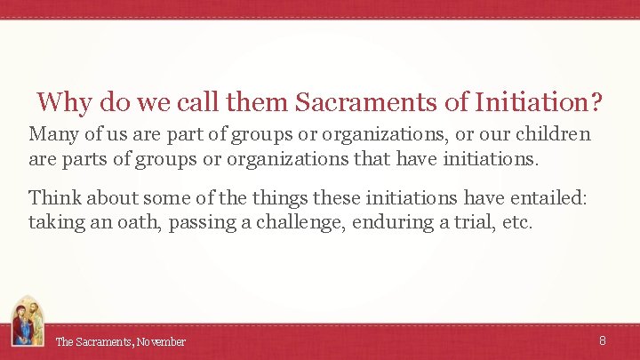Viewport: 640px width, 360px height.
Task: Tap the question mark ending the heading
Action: tap(595, 103)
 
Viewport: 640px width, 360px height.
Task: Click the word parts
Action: tap(84, 159)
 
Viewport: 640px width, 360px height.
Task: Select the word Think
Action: tap(54, 197)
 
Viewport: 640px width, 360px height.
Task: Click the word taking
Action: tap(56, 222)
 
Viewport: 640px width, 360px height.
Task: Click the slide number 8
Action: tap(603, 340)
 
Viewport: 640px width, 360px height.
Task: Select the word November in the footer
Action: tap(162, 342)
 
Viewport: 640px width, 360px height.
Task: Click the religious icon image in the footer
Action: tap(26, 322)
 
